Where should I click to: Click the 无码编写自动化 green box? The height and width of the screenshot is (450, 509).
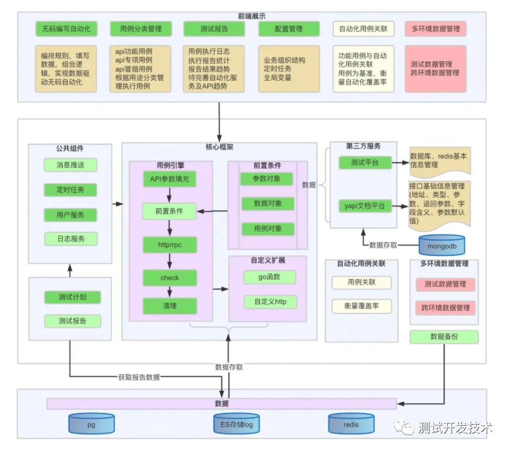tap(66, 29)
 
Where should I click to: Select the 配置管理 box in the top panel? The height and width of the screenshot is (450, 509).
tap(289, 29)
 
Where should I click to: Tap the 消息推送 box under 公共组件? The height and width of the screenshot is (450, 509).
tap(70, 165)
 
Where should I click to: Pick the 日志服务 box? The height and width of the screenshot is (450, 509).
tap(70, 239)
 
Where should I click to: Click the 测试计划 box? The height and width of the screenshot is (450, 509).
tap(72, 297)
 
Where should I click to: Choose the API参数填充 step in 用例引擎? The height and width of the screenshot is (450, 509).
tap(169, 180)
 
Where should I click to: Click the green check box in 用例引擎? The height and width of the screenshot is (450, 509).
tap(169, 278)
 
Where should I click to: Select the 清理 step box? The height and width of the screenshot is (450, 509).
tap(169, 306)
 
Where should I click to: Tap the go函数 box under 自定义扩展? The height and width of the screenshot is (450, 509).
tap(269, 277)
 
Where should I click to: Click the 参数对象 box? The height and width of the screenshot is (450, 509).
tap(267, 179)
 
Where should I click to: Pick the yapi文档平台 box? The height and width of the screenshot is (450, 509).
tap(364, 206)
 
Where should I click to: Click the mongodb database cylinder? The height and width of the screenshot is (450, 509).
tap(441, 244)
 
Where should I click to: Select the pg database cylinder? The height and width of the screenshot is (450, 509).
tap(92, 424)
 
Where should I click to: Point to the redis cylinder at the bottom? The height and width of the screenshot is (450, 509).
tap(351, 424)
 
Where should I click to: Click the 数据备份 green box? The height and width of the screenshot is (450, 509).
tap(443, 336)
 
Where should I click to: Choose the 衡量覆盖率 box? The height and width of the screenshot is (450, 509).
tap(361, 306)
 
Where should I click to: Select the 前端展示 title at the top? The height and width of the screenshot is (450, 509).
tap(252, 16)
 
